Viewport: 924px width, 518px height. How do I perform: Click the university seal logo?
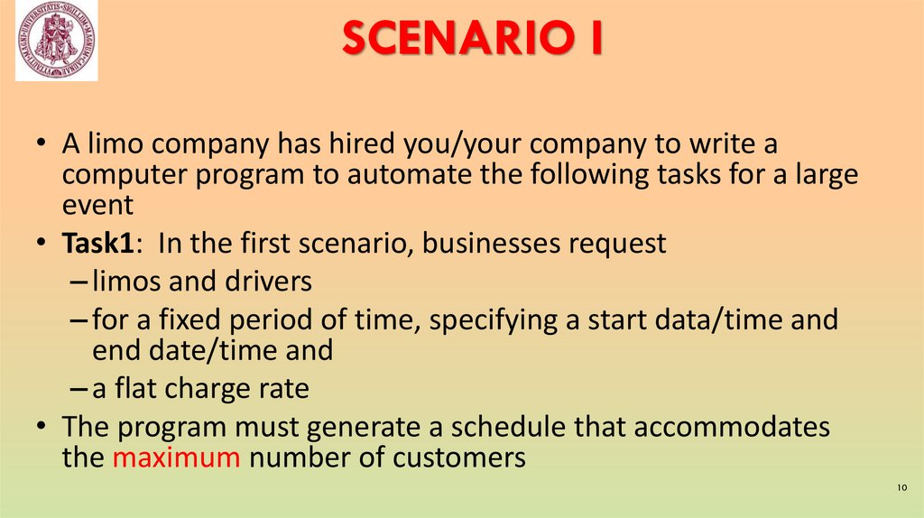[x=56, y=41]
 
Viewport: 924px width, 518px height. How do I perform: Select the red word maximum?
[x=177, y=457]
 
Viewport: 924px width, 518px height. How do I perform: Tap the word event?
[x=97, y=204]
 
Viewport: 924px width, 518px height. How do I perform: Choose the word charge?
[x=208, y=388]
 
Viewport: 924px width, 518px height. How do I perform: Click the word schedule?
[x=523, y=427]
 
